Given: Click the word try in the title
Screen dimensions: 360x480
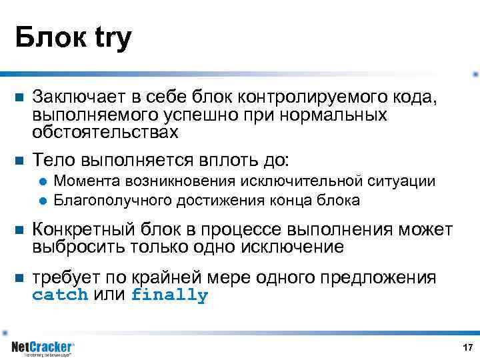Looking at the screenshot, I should (109, 39).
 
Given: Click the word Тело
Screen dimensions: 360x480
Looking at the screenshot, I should (53, 159).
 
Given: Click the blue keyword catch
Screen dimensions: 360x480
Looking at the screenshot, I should (60, 295).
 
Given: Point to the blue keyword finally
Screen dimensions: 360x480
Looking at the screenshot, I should (169, 295).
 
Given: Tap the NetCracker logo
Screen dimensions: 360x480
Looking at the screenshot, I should (43, 348).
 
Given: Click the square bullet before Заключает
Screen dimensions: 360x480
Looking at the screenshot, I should (19, 99).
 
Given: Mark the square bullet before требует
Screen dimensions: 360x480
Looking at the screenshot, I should (19, 278).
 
